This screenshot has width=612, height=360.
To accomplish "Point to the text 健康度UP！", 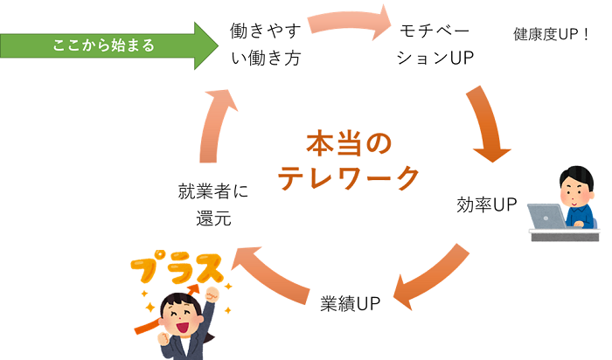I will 553,36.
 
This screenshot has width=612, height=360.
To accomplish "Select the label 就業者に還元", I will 213,204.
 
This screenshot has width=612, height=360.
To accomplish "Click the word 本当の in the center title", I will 349,142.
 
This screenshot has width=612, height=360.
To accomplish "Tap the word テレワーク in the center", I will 349,176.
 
